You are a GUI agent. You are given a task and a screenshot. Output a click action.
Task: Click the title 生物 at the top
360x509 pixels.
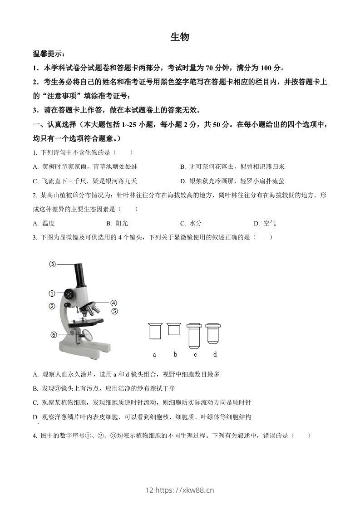click(180, 37)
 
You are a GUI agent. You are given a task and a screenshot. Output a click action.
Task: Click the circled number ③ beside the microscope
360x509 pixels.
click(52, 264)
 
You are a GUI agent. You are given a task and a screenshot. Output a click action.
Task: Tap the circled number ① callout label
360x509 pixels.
click(52, 293)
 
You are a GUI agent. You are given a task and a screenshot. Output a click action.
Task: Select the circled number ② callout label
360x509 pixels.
click(52, 306)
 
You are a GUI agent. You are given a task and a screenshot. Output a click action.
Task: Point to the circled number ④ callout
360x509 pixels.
click(113, 303)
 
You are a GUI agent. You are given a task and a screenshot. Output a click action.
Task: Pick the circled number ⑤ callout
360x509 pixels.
click(114, 311)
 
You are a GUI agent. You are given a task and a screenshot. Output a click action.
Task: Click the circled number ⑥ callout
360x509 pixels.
click(54, 335)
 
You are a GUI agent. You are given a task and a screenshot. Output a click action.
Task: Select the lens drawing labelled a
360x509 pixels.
click(155, 331)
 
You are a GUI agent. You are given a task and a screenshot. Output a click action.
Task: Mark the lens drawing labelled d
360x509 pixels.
click(213, 333)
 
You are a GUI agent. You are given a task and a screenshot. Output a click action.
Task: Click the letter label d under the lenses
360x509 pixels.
click(215, 354)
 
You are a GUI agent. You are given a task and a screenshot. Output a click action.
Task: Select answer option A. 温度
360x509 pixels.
click(44, 223)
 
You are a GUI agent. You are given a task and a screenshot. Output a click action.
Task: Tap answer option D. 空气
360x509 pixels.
click(265, 223)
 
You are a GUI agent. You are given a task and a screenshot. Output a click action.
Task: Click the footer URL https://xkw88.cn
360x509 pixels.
click(184, 489)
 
